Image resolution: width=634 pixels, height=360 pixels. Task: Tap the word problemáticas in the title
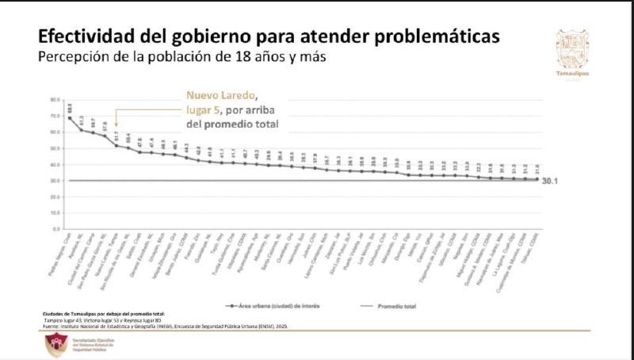point(432,37)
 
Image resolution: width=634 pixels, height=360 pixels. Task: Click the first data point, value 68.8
point(70,118)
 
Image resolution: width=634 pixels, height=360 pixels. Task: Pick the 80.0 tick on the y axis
point(55,100)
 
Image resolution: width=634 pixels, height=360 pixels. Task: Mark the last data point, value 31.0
point(537,179)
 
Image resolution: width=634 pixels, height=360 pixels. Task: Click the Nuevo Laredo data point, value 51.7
point(116,144)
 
